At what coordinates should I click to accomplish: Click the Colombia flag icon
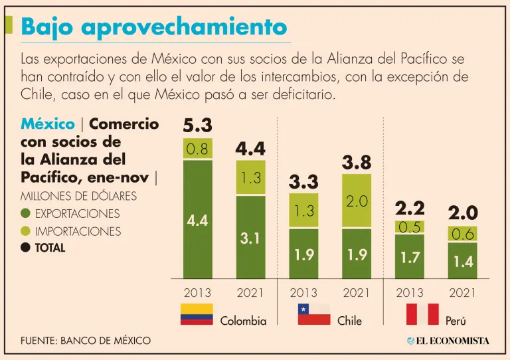(x=197, y=314)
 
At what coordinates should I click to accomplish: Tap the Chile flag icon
(x=313, y=314)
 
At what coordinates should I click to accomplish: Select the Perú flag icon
(x=422, y=314)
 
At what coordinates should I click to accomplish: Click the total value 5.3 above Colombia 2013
(x=197, y=125)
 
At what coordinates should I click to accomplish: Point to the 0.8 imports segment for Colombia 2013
(x=197, y=149)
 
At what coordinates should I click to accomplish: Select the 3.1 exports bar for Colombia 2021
(x=250, y=238)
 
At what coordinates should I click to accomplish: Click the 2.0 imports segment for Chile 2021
(x=357, y=201)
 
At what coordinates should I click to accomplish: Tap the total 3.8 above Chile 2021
(x=357, y=162)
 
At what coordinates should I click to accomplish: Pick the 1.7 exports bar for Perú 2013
(x=410, y=256)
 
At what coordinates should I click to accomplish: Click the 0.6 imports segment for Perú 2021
(x=462, y=234)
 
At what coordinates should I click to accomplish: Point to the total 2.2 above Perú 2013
(x=410, y=208)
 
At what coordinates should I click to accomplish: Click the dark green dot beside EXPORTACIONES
(x=26, y=214)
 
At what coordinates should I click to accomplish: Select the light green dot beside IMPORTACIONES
(x=26, y=231)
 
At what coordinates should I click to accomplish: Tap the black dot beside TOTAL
(x=26, y=248)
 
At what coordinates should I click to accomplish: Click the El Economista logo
(x=448, y=341)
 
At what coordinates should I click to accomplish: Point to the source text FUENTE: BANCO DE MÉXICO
(x=86, y=341)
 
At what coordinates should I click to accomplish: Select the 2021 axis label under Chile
(x=357, y=292)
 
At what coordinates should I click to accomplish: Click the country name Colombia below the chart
(x=243, y=321)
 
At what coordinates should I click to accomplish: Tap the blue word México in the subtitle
(x=47, y=124)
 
